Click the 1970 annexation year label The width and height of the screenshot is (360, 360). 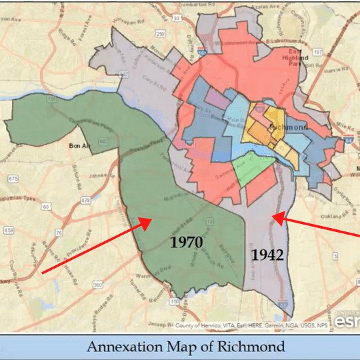pyautogui.click(x=186, y=242)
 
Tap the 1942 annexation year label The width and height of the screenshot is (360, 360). pyautogui.click(x=267, y=255)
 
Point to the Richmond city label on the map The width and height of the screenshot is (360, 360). pyautogui.click(x=287, y=126)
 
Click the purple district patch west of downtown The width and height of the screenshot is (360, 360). pyautogui.click(x=215, y=98)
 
